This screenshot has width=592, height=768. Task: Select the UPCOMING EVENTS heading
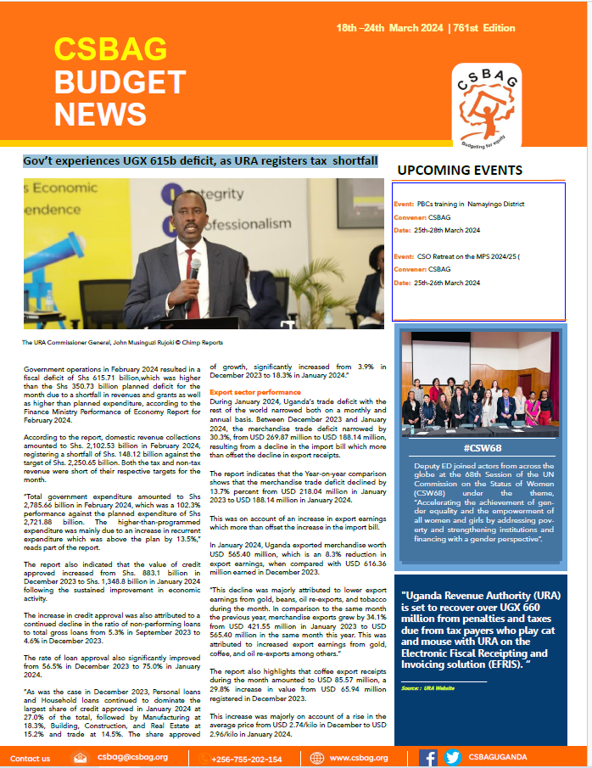(x=461, y=170)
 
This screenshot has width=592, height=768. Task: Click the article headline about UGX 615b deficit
(x=201, y=161)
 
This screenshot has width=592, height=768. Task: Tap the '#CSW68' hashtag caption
(x=482, y=447)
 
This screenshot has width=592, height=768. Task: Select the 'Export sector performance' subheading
(x=255, y=393)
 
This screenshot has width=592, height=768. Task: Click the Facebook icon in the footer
(x=428, y=758)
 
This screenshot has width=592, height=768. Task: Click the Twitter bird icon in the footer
(x=452, y=758)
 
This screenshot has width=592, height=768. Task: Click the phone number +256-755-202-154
(x=247, y=759)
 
